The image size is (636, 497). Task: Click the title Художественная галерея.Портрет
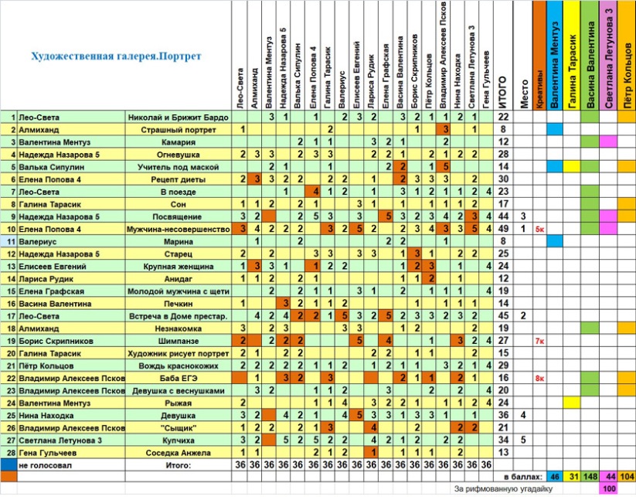point(116,56)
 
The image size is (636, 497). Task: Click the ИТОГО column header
point(502,92)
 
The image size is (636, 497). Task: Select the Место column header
point(524,94)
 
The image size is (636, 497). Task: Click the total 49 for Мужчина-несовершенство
point(503,229)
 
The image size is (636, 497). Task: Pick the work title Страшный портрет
point(178,130)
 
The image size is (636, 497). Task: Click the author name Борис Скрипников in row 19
point(56,341)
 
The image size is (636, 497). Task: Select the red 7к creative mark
point(539,341)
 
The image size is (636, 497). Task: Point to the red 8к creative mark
point(539,378)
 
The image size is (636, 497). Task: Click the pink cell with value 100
point(608,488)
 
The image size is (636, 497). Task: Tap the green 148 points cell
point(590,477)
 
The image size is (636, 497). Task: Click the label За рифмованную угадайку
point(503,489)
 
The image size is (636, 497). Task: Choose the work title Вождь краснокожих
point(178,366)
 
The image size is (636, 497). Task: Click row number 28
point(11,453)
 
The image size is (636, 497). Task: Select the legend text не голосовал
point(45,465)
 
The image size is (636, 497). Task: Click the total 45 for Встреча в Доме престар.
point(503,315)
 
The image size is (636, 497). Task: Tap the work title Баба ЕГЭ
point(178,378)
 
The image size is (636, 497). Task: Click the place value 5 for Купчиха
point(523,440)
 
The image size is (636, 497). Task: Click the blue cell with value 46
point(555,477)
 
